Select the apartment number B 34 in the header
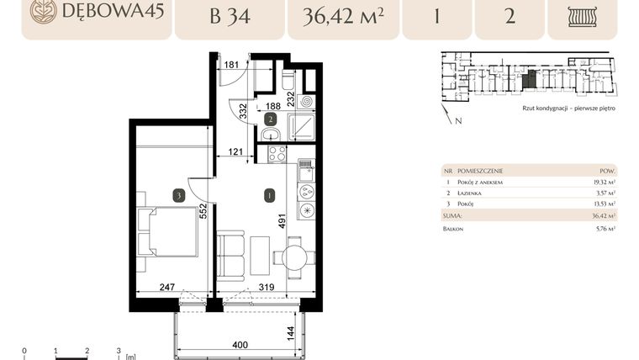tap(230, 16)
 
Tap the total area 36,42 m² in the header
tap(342, 16)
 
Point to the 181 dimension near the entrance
tap(232, 64)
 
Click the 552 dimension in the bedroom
tap(202, 210)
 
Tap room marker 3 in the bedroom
tap(178, 195)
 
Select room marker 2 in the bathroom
tap(270, 119)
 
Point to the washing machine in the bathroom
tap(306, 102)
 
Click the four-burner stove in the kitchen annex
tap(277, 154)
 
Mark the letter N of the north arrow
tap(457, 122)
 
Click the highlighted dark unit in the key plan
tap(529, 80)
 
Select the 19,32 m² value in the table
tap(602, 181)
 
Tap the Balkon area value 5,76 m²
tap(604, 228)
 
